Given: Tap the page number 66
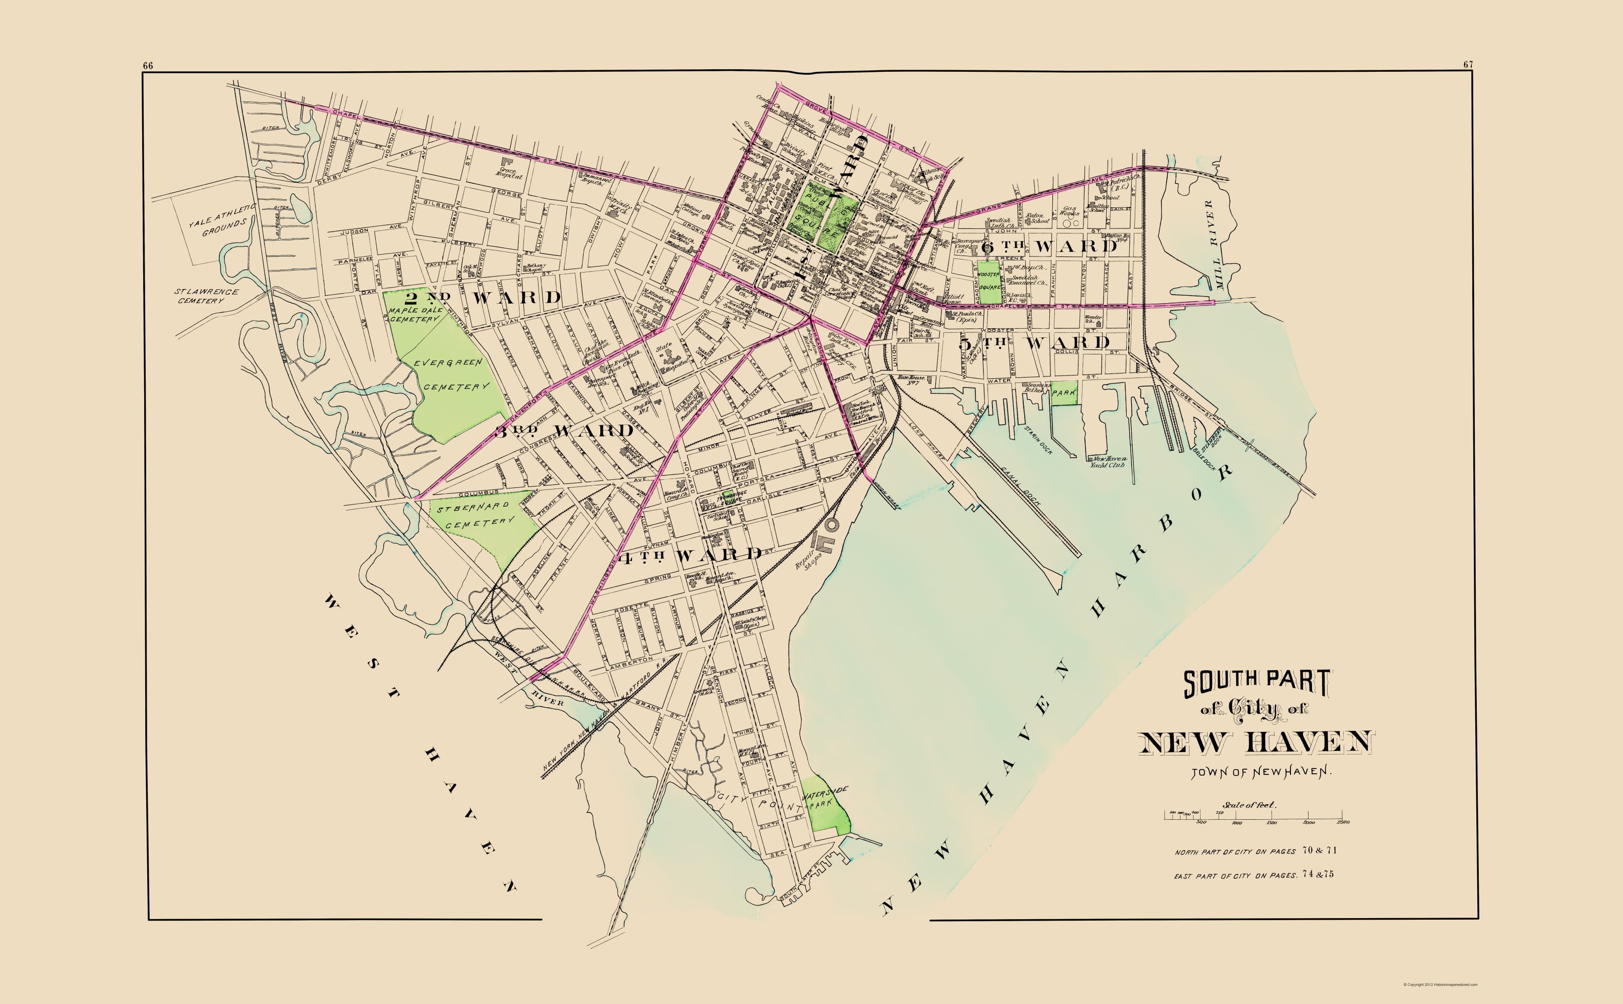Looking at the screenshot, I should click(x=148, y=65).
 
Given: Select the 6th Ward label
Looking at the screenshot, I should click(x=1050, y=246).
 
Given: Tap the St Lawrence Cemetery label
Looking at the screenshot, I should click(x=206, y=296).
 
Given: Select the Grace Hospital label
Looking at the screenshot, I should click(x=511, y=173).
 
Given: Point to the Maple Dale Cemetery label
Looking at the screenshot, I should click(x=415, y=314).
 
